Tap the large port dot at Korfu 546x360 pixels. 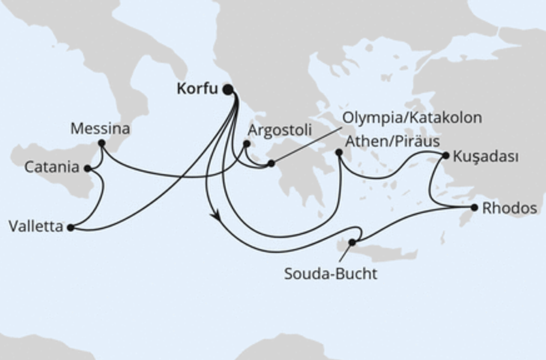(x=228, y=90)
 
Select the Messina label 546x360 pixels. (x=100, y=128)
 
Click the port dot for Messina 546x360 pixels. (x=101, y=142)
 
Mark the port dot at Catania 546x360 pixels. (x=88, y=169)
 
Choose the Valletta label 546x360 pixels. (x=35, y=225)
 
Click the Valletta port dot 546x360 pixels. (x=70, y=226)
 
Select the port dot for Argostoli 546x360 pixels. (x=247, y=143)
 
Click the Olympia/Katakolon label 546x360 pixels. (x=412, y=118)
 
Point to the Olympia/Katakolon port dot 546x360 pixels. (x=271, y=162)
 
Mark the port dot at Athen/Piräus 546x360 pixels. (x=339, y=153)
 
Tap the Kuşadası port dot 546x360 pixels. (x=446, y=156)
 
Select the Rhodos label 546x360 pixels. (x=509, y=208)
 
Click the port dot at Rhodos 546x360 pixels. (x=474, y=207)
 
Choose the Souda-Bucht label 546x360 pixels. (x=330, y=274)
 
